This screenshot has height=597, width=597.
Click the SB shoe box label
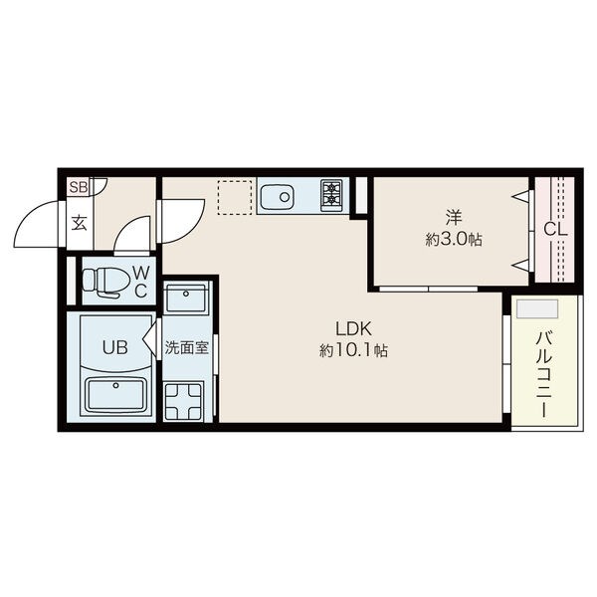click(79, 187)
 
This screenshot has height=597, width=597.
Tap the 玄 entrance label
click(80, 223)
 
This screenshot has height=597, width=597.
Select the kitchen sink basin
click(277, 197)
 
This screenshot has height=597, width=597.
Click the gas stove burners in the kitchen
click(332, 193)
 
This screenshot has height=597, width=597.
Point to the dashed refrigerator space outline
click(235, 198)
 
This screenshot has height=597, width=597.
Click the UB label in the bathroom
click(115, 347)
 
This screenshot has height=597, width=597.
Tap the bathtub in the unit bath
click(115, 395)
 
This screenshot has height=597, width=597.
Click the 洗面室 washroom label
click(187, 347)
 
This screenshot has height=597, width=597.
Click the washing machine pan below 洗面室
click(183, 401)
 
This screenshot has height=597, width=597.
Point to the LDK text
click(353, 328)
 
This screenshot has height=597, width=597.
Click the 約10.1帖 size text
click(353, 350)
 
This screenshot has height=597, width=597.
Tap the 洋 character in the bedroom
click(454, 217)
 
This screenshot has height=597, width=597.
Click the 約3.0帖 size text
click(454, 240)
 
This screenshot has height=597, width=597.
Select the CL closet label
click(555, 230)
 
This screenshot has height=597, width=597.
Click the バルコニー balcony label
click(545, 374)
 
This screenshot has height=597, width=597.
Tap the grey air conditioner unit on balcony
click(537, 308)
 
